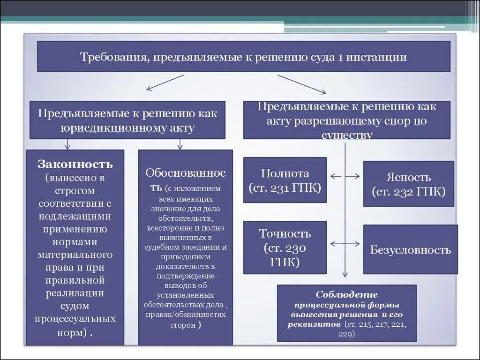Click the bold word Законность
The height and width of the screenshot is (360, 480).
[x=75, y=165]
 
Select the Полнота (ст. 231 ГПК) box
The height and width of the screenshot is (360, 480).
[x=285, y=180]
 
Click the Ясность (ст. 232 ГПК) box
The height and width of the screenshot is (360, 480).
[x=408, y=184]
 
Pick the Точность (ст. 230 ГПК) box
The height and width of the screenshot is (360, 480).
[x=285, y=247]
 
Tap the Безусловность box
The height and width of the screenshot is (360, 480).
[x=410, y=249]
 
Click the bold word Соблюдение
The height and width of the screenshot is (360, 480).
[x=346, y=294]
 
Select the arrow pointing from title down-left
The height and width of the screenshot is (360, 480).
[x=165, y=82]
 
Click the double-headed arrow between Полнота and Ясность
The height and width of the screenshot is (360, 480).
[x=345, y=176]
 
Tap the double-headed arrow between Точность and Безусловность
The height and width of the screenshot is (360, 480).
[x=345, y=244]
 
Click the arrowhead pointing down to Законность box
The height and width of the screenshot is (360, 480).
[x=67, y=146]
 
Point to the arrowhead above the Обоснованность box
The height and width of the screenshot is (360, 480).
[x=180, y=146]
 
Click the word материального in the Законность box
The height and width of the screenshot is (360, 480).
[x=75, y=255]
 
